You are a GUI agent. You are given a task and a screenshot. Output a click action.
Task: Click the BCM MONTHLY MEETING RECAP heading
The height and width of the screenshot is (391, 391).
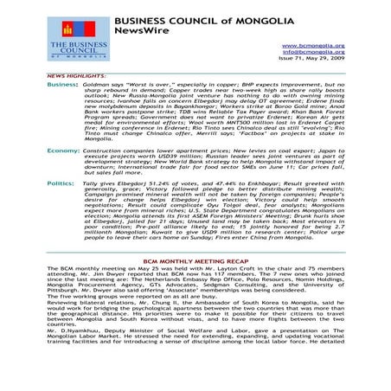point(195,283)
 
